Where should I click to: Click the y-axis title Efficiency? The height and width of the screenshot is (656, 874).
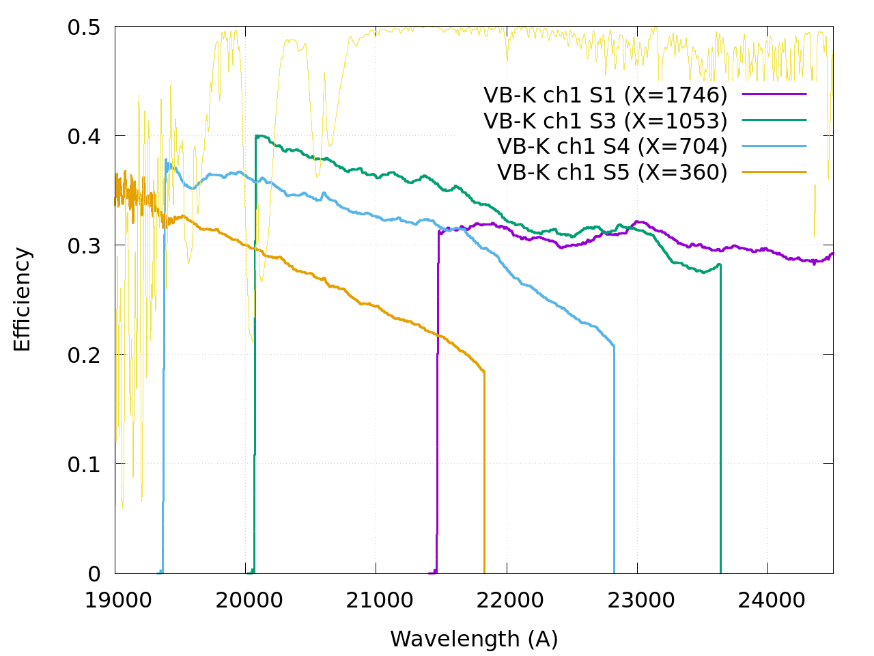pyautogui.click(x=23, y=300)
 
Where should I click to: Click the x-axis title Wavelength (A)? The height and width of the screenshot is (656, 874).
pyautogui.click(x=474, y=639)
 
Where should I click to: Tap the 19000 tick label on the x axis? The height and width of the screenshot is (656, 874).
pyautogui.click(x=115, y=600)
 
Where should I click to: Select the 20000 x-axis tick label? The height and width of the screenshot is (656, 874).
pyautogui.click(x=245, y=600)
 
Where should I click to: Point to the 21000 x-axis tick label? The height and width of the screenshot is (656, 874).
pyautogui.click(x=376, y=600)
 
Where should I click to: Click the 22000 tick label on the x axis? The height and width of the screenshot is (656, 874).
pyautogui.click(x=507, y=600)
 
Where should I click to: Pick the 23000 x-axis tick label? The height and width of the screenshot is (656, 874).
pyautogui.click(x=637, y=600)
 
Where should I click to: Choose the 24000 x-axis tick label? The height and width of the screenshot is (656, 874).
pyautogui.click(x=767, y=600)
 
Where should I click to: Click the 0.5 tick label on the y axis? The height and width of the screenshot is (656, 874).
pyautogui.click(x=84, y=27)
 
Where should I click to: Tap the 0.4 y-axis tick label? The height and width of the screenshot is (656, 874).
pyautogui.click(x=84, y=137)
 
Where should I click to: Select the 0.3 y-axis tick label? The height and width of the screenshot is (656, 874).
pyautogui.click(x=84, y=246)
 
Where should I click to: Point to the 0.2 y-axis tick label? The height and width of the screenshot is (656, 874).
pyautogui.click(x=84, y=355)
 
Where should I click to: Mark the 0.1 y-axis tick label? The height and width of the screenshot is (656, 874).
pyautogui.click(x=84, y=465)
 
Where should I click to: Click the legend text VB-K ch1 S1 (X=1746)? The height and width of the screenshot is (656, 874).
pyautogui.click(x=605, y=94)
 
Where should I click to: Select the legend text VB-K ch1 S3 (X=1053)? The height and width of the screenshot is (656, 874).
pyautogui.click(x=605, y=120)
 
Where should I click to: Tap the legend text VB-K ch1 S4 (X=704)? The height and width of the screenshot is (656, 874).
pyautogui.click(x=612, y=146)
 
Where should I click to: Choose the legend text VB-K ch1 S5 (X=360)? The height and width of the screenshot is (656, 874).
pyautogui.click(x=612, y=172)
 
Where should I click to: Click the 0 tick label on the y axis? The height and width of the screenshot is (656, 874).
pyautogui.click(x=94, y=574)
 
